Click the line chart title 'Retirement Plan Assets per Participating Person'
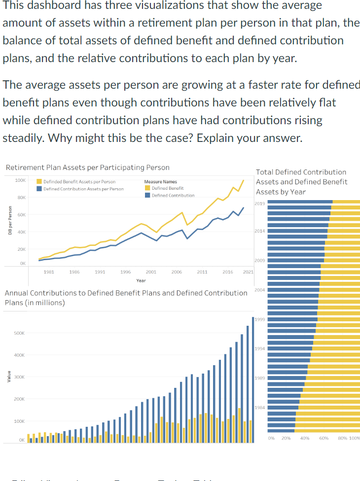pyautogui.click(x=87, y=168)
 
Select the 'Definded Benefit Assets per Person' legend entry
pyautogui.click(x=79, y=182)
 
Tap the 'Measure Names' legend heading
pyautogui.click(x=160, y=182)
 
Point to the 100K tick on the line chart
pyautogui.click(x=20, y=180)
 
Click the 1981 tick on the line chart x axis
pyautogui.click(x=49, y=272)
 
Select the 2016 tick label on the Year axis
pyautogui.click(x=227, y=272)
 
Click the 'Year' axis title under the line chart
pyautogui.click(x=141, y=280)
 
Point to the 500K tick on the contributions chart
pyautogui.click(x=19, y=333)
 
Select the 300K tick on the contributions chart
pyautogui.click(x=19, y=377)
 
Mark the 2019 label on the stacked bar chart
pyautogui.click(x=260, y=203)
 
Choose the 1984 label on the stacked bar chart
pyautogui.click(x=260, y=408)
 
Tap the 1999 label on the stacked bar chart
pyautogui.click(x=260, y=319)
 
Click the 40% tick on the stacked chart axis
pyautogui.click(x=304, y=438)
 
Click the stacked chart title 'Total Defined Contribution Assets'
pyautogui.click(x=301, y=181)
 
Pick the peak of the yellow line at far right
pyautogui.click(x=244, y=180)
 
